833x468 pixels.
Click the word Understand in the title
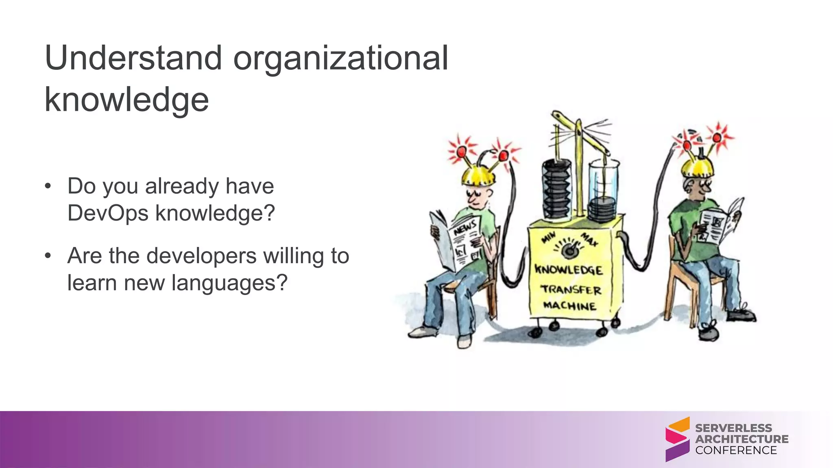tap(133, 58)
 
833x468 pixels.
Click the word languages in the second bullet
tap(229, 283)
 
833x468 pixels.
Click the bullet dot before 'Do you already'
tap(48, 186)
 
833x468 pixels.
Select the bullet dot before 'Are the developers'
tap(48, 256)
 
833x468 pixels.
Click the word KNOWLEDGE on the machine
tap(568, 270)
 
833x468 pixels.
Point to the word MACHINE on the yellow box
tap(570, 305)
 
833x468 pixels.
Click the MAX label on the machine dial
tap(589, 239)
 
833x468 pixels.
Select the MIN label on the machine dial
tap(549, 236)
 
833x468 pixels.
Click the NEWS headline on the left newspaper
tap(465, 227)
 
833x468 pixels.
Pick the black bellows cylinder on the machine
tap(557, 189)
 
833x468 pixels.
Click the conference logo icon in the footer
tap(677, 439)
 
